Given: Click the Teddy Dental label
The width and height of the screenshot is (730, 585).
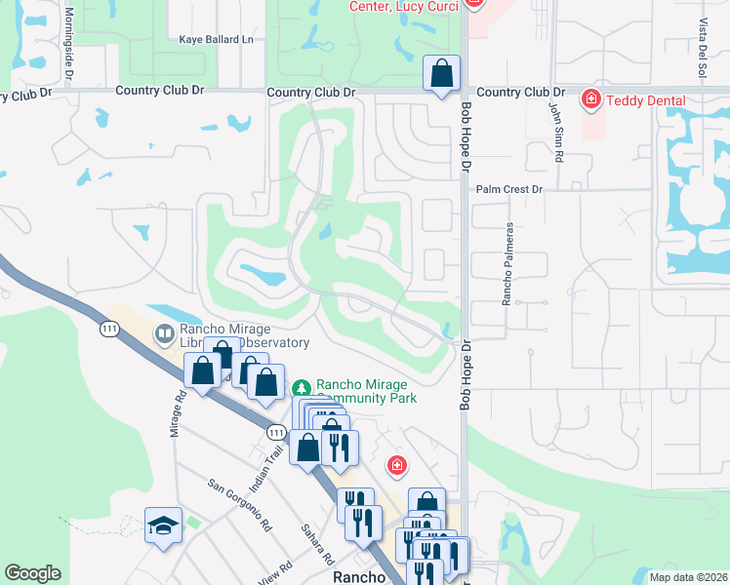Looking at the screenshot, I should (x=646, y=100).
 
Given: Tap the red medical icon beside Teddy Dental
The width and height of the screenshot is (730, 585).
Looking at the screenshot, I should (x=590, y=99).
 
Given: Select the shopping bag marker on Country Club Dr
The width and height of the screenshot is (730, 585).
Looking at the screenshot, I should (x=442, y=74).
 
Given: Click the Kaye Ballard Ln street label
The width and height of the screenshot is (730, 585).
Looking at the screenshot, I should (x=216, y=40).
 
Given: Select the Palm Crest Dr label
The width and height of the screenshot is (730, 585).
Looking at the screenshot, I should (x=508, y=189).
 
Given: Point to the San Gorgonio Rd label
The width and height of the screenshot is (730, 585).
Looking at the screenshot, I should (x=239, y=506).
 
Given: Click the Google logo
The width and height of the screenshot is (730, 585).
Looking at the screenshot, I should (x=32, y=573).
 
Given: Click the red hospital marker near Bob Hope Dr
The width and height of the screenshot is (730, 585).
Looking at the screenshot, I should (x=396, y=465).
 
